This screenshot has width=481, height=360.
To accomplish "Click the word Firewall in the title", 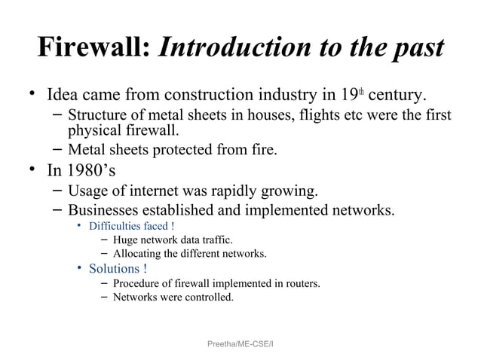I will tap(94, 48).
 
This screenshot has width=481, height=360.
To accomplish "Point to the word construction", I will tap(219, 96).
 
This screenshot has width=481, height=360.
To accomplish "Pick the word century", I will tap(399, 96).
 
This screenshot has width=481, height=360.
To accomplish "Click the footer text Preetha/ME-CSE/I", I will tap(240, 343).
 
